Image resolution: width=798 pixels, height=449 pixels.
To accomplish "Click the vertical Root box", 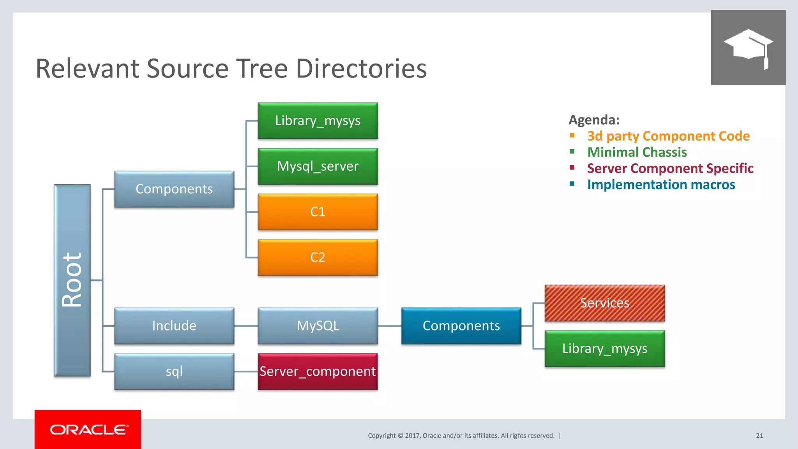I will (72, 280).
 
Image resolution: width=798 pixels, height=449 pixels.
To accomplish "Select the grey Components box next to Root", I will (174, 189).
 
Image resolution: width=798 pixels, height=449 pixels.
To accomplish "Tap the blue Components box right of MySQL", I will (461, 326).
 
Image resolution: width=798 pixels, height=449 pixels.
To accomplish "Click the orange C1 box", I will (318, 212).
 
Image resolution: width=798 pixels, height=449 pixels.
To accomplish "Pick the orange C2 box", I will (318, 257).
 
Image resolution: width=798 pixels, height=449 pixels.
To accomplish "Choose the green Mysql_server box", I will (318, 166).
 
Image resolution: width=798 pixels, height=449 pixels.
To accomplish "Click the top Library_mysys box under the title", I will (318, 121).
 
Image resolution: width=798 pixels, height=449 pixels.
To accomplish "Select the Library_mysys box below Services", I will (604, 348).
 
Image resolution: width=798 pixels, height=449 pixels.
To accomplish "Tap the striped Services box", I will (604, 303).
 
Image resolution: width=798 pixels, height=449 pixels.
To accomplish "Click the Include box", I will (174, 326).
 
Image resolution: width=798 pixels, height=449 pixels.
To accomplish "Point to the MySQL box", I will (318, 326).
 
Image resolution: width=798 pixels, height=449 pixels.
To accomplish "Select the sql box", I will (174, 371).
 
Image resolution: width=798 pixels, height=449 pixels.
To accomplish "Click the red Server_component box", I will (318, 371).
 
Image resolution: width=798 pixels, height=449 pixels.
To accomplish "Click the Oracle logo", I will (88, 430).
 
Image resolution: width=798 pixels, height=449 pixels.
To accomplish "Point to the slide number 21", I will (759, 436).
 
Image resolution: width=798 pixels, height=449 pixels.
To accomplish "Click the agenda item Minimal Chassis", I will (637, 152).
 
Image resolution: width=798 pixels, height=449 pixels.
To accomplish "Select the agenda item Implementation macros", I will (661, 184).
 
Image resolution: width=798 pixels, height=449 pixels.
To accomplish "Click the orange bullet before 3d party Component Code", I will (572, 135).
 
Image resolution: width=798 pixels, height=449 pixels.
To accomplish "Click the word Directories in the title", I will (361, 69).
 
